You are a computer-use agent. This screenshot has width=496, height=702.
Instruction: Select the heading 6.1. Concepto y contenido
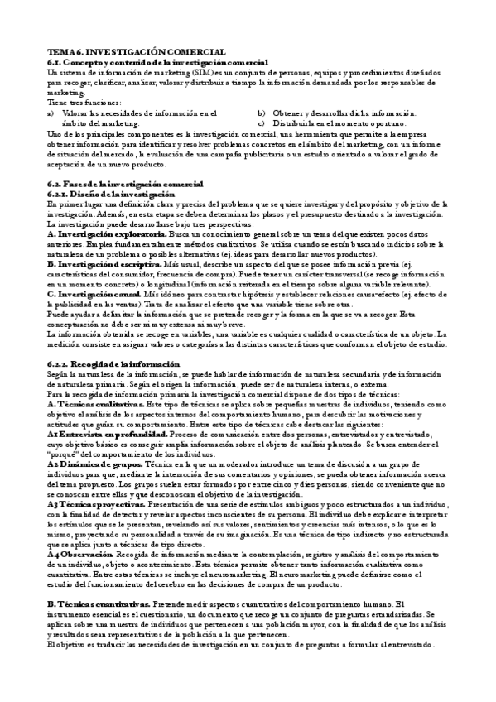click(157, 63)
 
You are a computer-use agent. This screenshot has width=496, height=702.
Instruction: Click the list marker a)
click(51, 113)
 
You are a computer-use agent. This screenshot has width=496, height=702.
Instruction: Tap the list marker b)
click(261, 113)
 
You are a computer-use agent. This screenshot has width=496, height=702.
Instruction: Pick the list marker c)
click(261, 123)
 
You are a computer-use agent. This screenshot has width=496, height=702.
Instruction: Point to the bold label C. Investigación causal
click(92, 293)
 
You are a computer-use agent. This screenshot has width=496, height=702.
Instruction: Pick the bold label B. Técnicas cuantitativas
click(98, 603)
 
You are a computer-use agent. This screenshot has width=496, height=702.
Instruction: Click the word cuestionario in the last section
click(140, 613)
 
